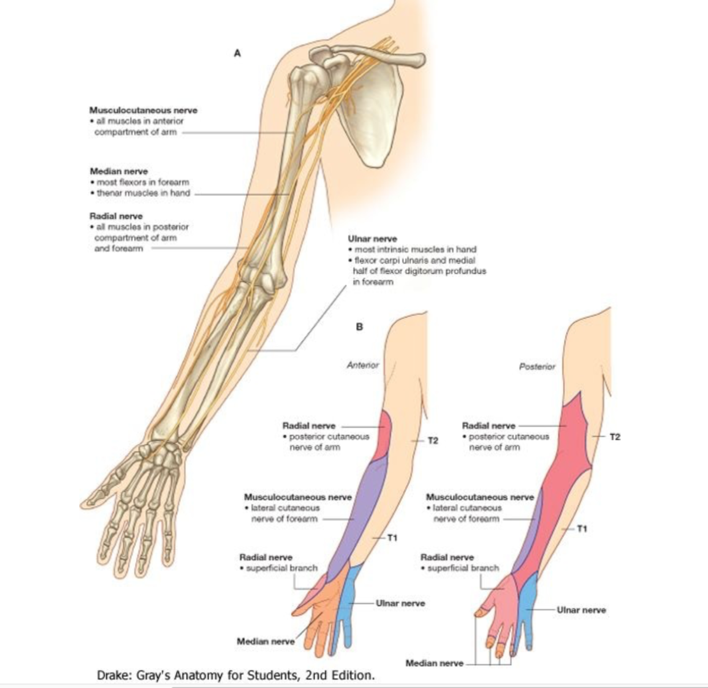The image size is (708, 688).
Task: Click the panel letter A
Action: [x=237, y=53]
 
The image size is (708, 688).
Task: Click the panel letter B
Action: [x=359, y=326]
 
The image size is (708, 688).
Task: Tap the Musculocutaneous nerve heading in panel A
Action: [x=143, y=110]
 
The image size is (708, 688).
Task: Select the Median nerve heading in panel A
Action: [x=119, y=171]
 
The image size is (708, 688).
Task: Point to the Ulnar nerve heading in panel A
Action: [x=372, y=239]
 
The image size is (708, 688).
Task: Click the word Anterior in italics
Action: [x=363, y=365]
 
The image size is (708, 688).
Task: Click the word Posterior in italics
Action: [x=537, y=366]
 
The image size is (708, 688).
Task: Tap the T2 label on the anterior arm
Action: [x=433, y=441]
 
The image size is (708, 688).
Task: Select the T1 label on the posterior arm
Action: [x=582, y=529]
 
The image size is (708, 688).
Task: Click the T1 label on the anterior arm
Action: [x=392, y=538]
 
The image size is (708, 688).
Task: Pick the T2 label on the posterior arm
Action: [x=615, y=437]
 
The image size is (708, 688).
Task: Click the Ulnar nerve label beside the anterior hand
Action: [x=400, y=604]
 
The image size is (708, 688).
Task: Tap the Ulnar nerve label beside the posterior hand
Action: [x=581, y=610]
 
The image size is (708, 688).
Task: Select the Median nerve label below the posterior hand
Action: [x=434, y=663]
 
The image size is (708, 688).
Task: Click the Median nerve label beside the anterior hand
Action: [x=265, y=641]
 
